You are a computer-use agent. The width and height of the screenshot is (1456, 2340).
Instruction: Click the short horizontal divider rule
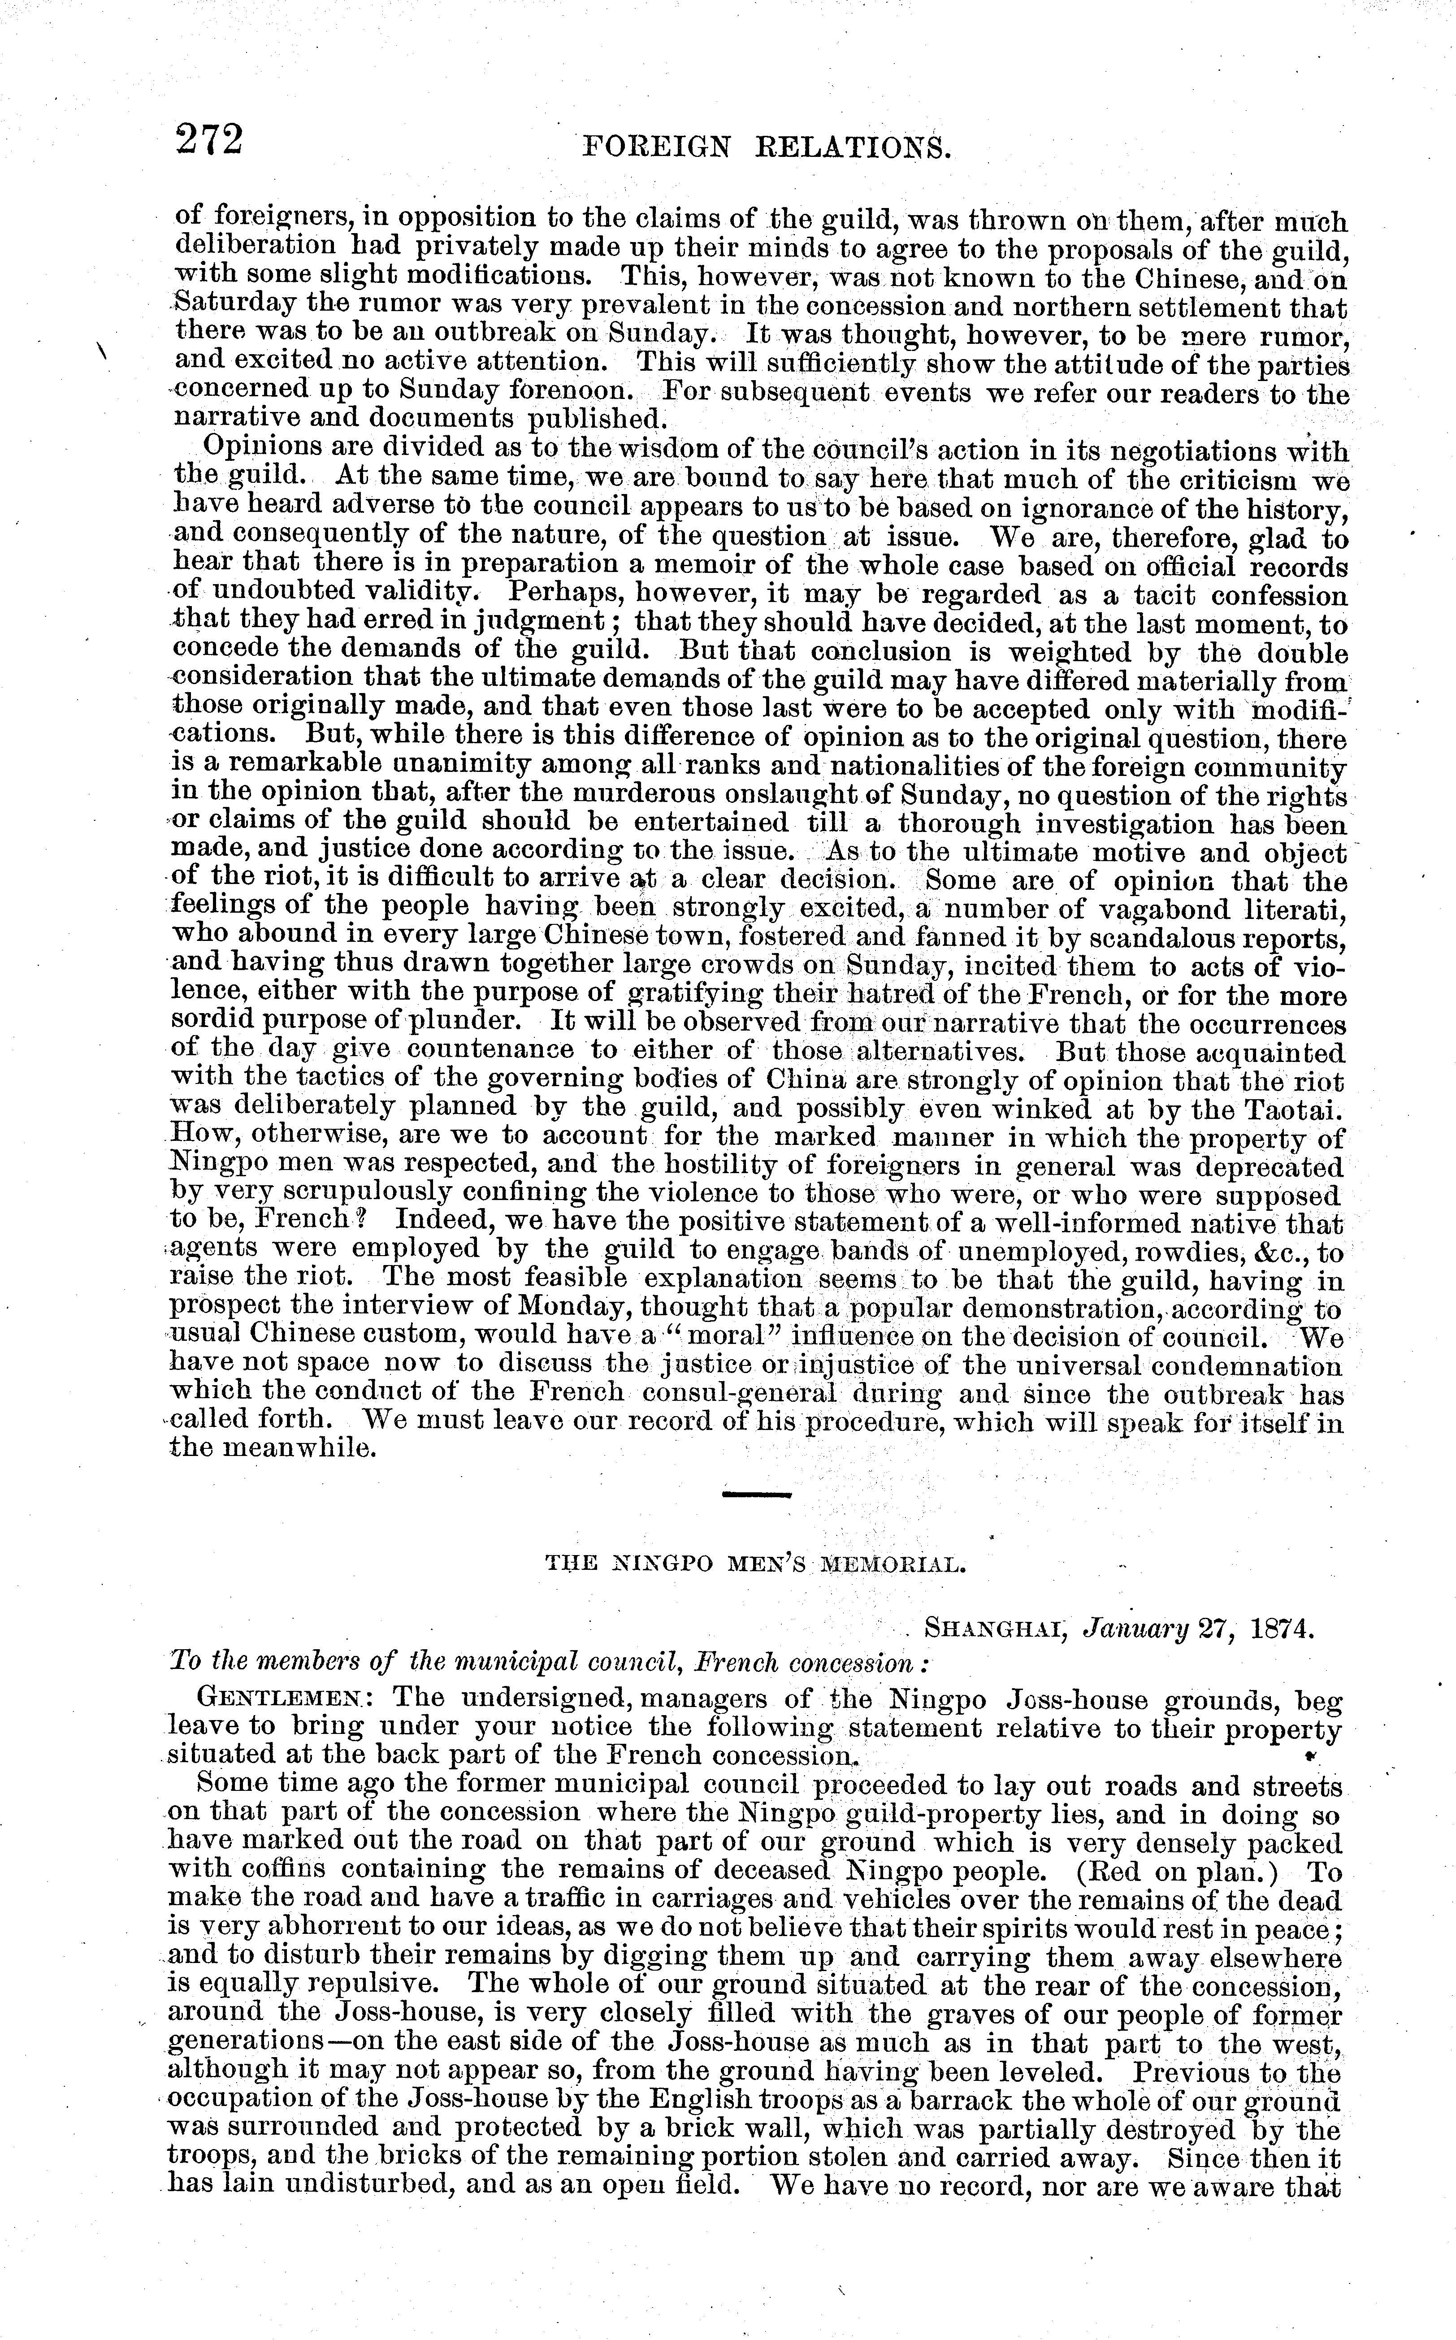pyautogui.click(x=756, y=1495)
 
